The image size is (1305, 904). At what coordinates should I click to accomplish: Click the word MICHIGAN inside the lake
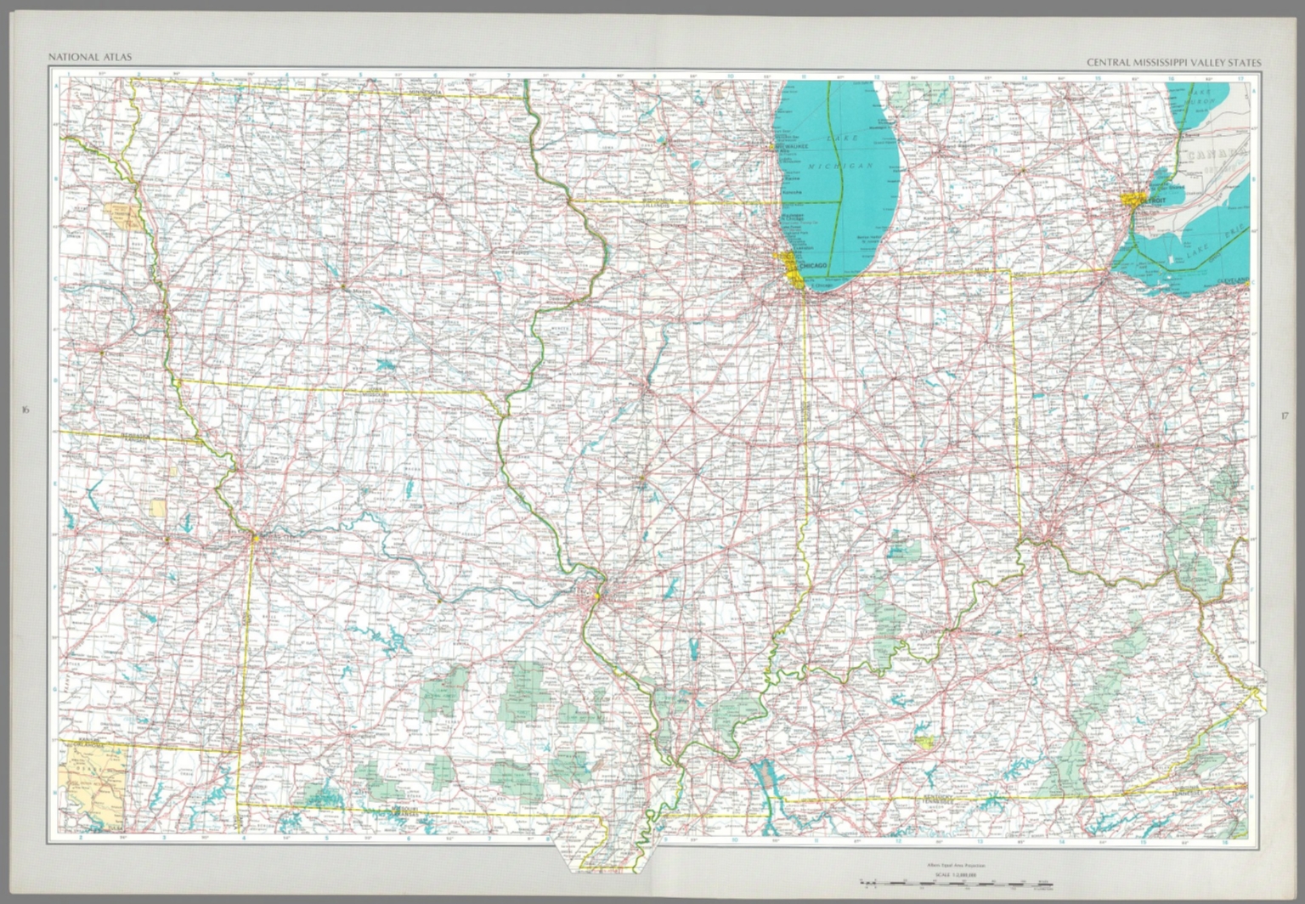point(840,166)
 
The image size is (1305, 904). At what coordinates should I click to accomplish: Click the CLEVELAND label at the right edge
point(1232,280)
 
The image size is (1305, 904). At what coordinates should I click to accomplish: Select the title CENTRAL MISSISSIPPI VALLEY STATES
point(1174,62)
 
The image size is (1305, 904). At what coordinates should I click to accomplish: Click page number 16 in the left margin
point(25,410)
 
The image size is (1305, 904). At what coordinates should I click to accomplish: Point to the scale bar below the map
point(956,884)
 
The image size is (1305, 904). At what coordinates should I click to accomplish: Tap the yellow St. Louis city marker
point(598,595)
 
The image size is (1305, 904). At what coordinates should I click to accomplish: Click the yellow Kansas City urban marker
point(255,537)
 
